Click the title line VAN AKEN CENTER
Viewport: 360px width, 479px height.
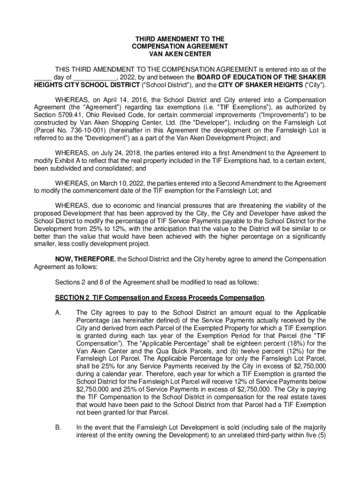click(x=180, y=54)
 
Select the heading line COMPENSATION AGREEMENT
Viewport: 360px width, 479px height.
click(x=180, y=47)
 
